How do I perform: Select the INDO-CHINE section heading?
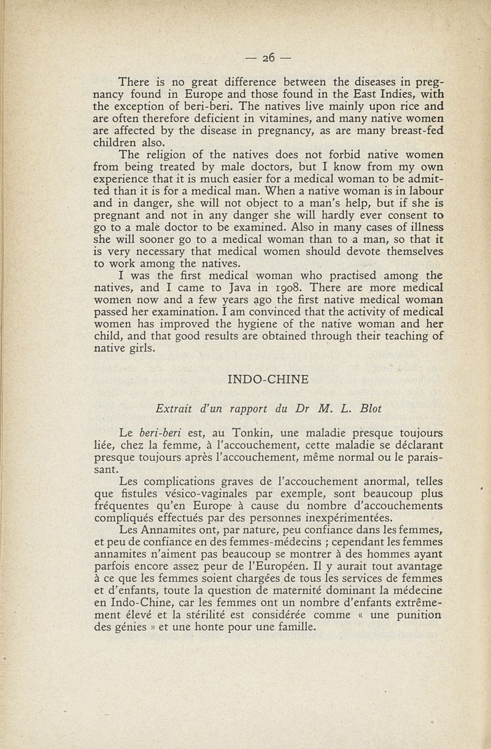268,380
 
